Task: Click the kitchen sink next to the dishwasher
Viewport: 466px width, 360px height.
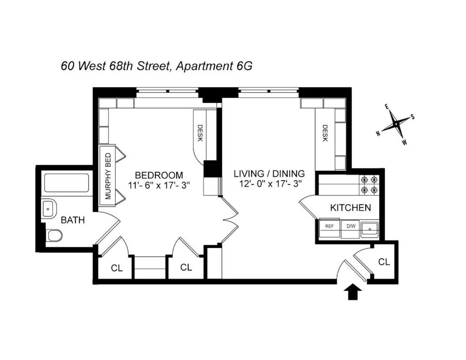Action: [370, 229]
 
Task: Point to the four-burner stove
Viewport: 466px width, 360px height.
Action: [369, 185]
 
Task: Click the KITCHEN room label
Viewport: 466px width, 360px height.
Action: [350, 208]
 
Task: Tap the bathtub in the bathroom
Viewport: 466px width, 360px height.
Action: [67, 183]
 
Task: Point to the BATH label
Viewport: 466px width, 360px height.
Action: [73, 220]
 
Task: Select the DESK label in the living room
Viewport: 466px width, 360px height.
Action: [325, 133]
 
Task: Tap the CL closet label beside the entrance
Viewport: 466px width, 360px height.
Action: [384, 262]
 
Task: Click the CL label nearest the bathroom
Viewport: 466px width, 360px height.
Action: [117, 268]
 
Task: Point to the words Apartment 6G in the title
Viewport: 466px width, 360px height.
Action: [214, 66]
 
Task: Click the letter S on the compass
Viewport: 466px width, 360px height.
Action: [412, 117]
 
